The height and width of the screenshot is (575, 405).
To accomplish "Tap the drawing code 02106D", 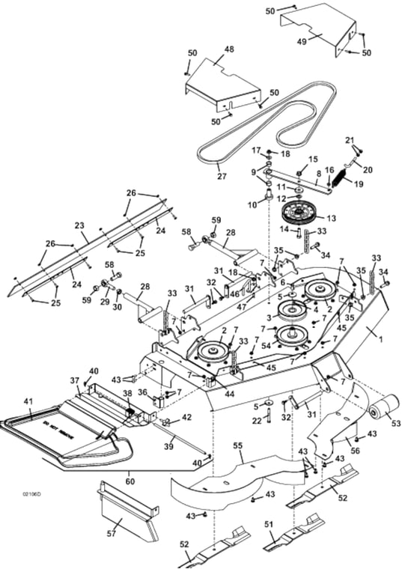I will pyautogui.click(x=32, y=495).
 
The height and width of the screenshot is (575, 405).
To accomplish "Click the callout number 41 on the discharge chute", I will pyautogui.click(x=28, y=402).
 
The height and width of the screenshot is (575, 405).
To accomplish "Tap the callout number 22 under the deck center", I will pyautogui.click(x=256, y=422).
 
